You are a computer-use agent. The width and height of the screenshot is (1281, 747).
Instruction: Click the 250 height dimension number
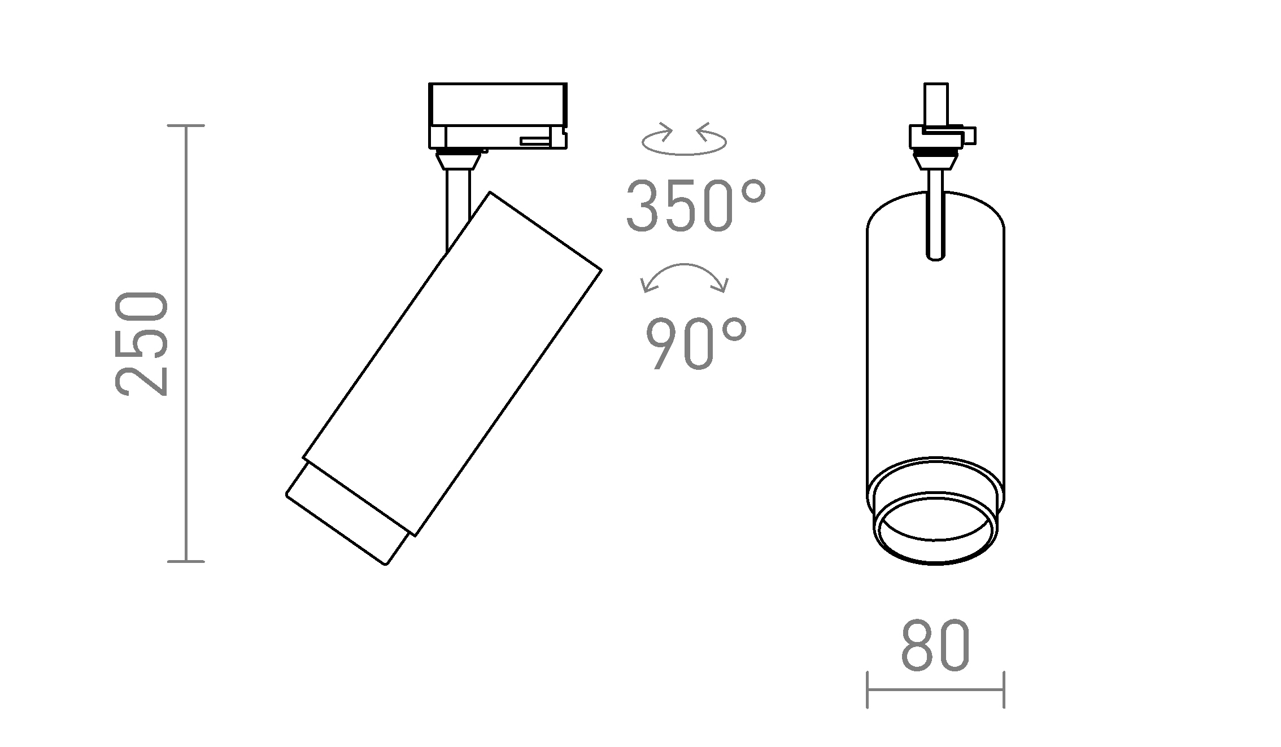tap(141, 343)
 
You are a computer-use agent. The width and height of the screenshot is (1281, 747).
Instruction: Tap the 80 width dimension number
tap(935, 646)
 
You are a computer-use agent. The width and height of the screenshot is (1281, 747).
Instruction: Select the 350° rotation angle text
tap(696, 206)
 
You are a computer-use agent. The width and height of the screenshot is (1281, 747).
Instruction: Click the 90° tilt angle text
tap(696, 343)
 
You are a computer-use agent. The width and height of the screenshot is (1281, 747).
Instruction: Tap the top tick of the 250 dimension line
tap(186, 126)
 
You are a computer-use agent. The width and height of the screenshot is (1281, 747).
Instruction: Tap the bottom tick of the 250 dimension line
tap(186, 561)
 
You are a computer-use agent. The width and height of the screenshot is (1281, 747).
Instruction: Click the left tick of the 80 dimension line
tap(867, 689)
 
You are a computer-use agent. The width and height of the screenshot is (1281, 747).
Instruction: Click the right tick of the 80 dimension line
tap(1004, 689)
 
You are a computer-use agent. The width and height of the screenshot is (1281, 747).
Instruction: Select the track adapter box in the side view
tap(498, 116)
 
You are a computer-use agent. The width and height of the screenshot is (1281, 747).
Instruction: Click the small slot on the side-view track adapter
tap(534, 140)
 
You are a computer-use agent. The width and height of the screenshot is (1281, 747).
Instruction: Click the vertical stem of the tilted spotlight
tap(457, 209)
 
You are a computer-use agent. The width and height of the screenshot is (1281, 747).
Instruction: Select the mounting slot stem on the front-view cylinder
tap(935, 226)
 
